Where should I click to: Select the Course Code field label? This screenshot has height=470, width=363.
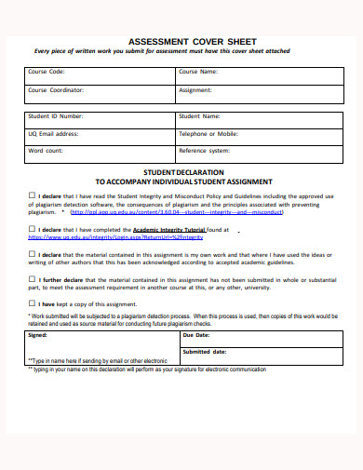47,71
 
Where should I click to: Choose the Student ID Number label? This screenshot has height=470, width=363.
56,116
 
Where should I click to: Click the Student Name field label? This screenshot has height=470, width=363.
199,116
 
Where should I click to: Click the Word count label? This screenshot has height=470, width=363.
46,150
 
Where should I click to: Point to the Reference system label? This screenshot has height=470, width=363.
205,150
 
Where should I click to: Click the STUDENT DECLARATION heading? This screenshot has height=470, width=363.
182,172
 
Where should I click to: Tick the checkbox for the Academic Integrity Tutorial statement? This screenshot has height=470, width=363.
31,229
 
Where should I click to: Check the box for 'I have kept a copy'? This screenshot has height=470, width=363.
31,302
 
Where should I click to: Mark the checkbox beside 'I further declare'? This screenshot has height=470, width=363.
31,278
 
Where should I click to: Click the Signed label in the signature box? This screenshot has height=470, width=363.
37,333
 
